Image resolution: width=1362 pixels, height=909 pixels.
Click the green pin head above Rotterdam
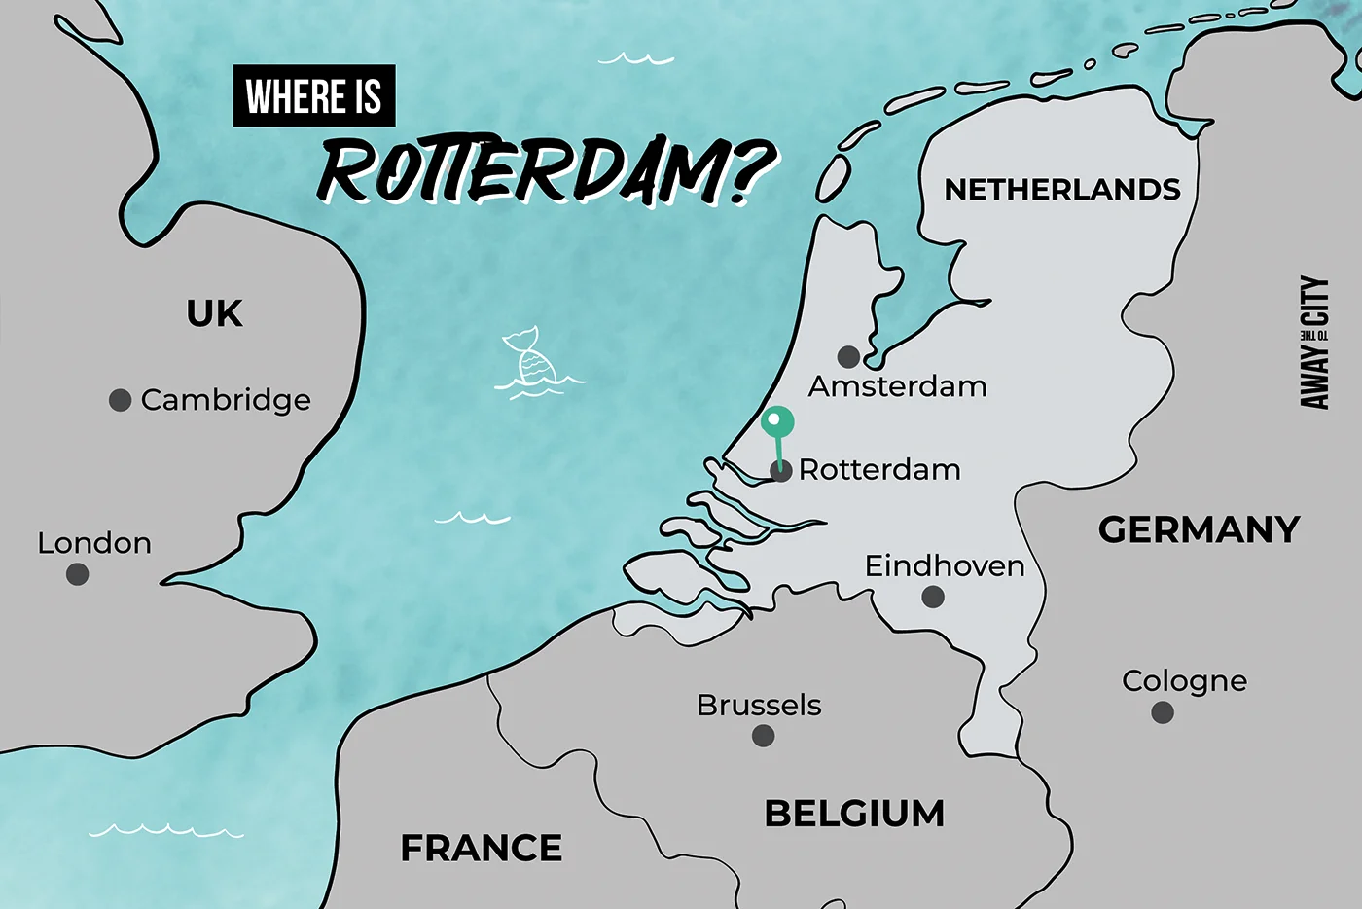pos(776,422)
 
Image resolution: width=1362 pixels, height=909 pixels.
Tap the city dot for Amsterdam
pos(848,356)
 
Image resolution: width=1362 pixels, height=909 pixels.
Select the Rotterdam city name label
pos(879,470)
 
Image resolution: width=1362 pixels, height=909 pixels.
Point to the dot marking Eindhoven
pos(933,597)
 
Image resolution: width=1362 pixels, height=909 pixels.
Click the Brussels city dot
pos(764,736)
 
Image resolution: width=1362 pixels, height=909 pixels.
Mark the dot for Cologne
pos(1162,712)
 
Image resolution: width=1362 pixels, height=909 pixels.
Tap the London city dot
pos(78,574)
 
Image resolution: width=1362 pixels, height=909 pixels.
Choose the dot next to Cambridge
pos(120,400)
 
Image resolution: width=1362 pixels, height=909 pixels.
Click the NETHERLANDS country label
pos(1062,190)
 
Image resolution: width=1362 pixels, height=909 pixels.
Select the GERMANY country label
pos(1199,530)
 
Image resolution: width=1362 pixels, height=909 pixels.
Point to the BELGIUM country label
pos(854,814)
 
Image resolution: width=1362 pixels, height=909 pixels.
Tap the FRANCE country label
pos(482,849)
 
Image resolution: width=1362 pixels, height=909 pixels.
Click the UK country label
pos(214,314)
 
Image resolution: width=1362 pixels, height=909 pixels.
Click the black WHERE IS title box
pos(314,96)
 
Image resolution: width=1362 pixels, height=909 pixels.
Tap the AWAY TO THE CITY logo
pos(1314,343)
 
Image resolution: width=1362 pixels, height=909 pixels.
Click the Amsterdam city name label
pos(897,387)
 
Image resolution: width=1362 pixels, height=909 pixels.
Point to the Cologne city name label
pos(1184,681)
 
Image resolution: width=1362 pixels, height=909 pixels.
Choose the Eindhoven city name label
pos(945,565)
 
